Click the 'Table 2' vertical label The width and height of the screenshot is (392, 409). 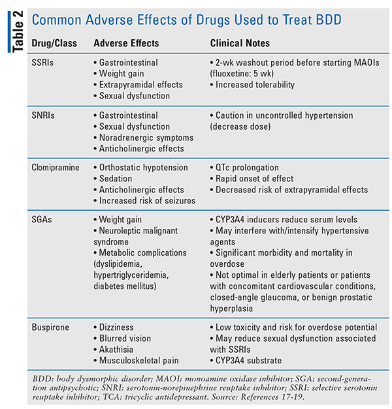18,31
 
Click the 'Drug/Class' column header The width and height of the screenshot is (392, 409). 54,43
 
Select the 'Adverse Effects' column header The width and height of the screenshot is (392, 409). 126,43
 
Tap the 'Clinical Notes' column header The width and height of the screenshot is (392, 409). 240,43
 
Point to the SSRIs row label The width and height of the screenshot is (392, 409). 42,63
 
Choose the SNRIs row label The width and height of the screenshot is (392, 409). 43,115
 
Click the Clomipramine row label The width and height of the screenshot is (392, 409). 56,168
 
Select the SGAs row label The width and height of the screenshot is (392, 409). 42,220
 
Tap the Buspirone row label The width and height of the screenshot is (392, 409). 50,327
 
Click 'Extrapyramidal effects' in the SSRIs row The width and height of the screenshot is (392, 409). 141,85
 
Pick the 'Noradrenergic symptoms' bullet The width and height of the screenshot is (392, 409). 146,138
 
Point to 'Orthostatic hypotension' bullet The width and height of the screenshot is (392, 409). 144,168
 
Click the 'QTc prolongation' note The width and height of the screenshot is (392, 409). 247,168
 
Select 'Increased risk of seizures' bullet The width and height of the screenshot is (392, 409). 147,201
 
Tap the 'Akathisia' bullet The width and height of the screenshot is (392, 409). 116,350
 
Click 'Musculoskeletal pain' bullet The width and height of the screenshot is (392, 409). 139,361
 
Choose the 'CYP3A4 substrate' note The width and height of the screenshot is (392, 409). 248,361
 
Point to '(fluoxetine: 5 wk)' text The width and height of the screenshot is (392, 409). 242,74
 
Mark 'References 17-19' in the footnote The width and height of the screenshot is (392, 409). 272,397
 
